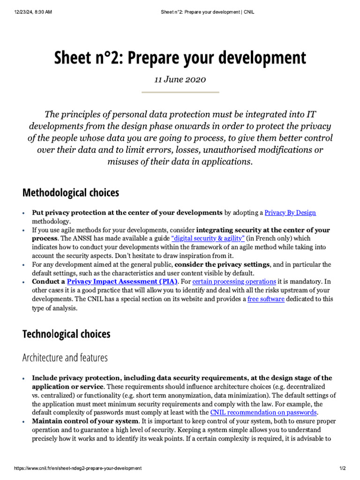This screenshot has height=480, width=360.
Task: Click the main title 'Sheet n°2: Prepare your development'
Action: click(180, 58)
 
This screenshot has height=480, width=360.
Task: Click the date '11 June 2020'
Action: click(180, 79)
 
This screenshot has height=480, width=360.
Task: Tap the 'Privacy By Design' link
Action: click(290, 213)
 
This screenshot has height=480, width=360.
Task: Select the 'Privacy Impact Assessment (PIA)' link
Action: click(122, 282)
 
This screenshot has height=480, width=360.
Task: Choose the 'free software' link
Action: click(266, 299)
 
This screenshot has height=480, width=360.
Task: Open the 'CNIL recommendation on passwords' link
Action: click(263, 412)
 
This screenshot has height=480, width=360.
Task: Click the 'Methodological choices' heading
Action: click(71, 193)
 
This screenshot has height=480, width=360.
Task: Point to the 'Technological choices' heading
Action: click(67, 334)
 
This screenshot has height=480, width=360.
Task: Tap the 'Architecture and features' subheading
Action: click(65, 358)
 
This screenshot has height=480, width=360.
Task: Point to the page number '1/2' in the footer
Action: click(342, 468)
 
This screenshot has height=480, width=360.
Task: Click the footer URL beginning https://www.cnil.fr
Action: click(78, 468)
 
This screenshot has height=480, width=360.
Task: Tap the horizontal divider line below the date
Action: click(180, 92)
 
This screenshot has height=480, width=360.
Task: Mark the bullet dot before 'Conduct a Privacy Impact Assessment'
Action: click(24, 282)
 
